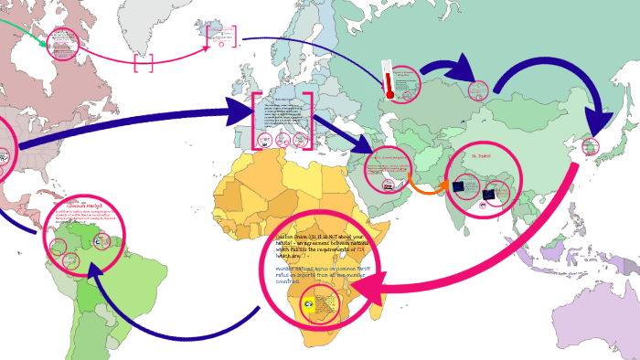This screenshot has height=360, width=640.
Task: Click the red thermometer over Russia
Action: point(389,80)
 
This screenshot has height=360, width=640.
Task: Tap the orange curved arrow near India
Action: point(423,184)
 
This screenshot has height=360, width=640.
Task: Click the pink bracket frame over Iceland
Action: point(221,37)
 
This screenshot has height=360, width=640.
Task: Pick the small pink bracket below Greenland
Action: point(144,63)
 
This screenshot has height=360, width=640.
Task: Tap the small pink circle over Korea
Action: point(591,147)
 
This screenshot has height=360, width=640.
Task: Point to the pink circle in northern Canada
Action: point(62,44)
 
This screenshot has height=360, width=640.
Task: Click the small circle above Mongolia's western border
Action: point(478,90)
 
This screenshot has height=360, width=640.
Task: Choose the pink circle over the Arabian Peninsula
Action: point(388,170)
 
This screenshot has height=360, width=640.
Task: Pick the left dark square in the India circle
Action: point(459,187)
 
